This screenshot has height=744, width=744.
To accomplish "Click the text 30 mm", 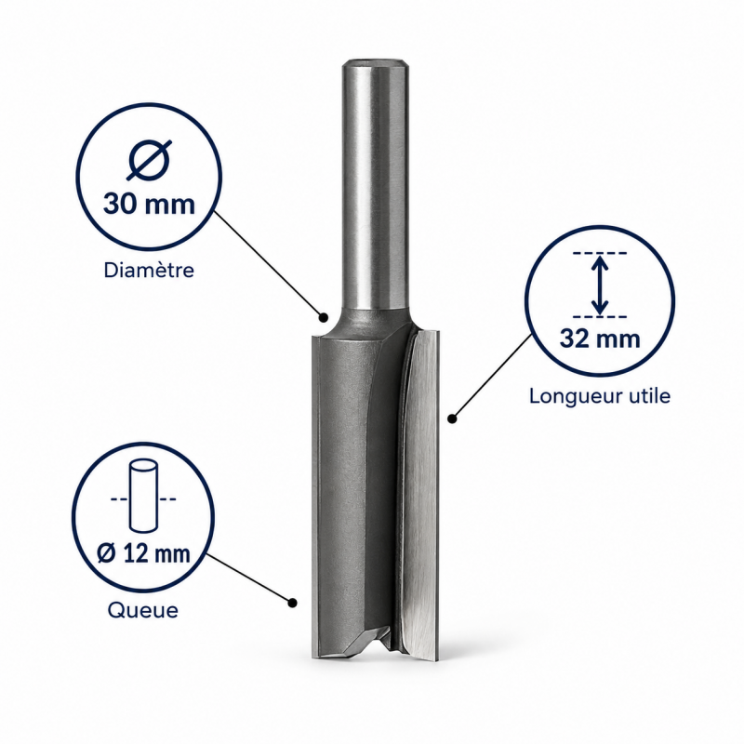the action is click(149, 204).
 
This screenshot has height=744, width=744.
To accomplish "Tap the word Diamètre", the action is click(149, 270).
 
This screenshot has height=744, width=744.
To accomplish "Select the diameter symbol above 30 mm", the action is click(149, 160).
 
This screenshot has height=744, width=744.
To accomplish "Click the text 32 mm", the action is click(600, 339).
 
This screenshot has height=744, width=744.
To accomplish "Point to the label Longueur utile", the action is click(600, 396).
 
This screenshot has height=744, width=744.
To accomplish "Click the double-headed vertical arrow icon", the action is click(600, 285).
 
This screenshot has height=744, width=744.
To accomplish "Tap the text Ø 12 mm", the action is click(143, 553).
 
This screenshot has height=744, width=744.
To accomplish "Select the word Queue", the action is click(143, 610).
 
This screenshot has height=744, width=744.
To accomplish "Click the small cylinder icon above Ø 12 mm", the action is click(143, 496).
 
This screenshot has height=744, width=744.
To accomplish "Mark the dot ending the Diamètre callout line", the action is click(324, 317).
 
